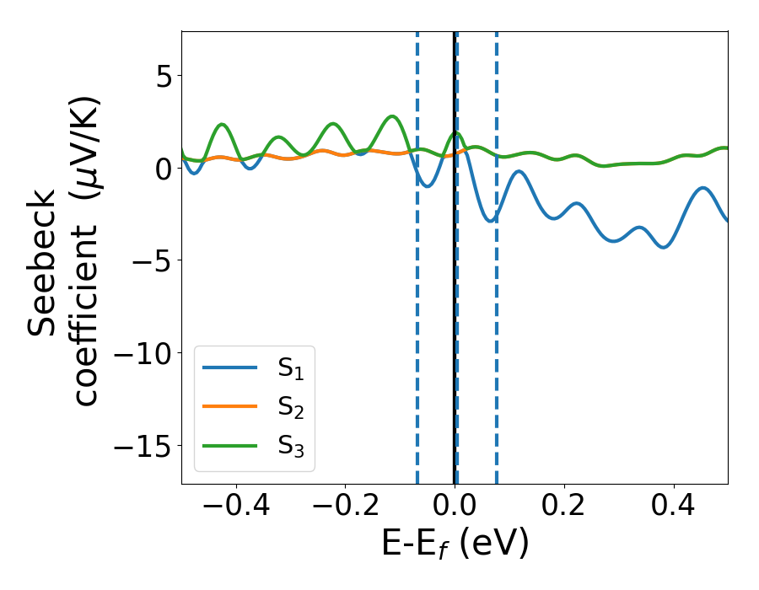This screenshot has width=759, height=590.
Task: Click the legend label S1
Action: coord(290,369)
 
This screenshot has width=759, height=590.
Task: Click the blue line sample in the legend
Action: coord(230,367)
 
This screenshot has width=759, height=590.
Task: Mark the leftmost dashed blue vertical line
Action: coord(417,295)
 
